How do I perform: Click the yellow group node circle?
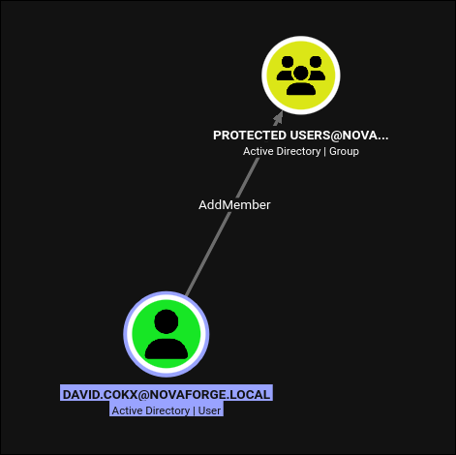(x=301, y=76)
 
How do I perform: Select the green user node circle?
(x=167, y=334)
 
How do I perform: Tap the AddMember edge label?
(x=234, y=205)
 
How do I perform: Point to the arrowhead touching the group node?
(x=278, y=118)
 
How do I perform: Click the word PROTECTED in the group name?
(x=250, y=136)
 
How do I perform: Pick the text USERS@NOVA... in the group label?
(x=339, y=136)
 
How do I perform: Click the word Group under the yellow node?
(x=344, y=151)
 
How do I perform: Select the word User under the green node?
(x=209, y=410)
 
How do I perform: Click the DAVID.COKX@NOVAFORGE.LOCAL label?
(x=167, y=394)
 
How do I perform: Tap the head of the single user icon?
(x=167, y=321)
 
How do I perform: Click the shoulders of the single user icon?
(x=167, y=349)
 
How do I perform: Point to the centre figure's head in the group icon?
(x=301, y=73)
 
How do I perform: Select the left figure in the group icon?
(x=286, y=68)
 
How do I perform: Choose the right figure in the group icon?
(x=316, y=68)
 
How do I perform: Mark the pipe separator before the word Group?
(x=324, y=151)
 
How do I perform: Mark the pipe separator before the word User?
(x=194, y=410)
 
